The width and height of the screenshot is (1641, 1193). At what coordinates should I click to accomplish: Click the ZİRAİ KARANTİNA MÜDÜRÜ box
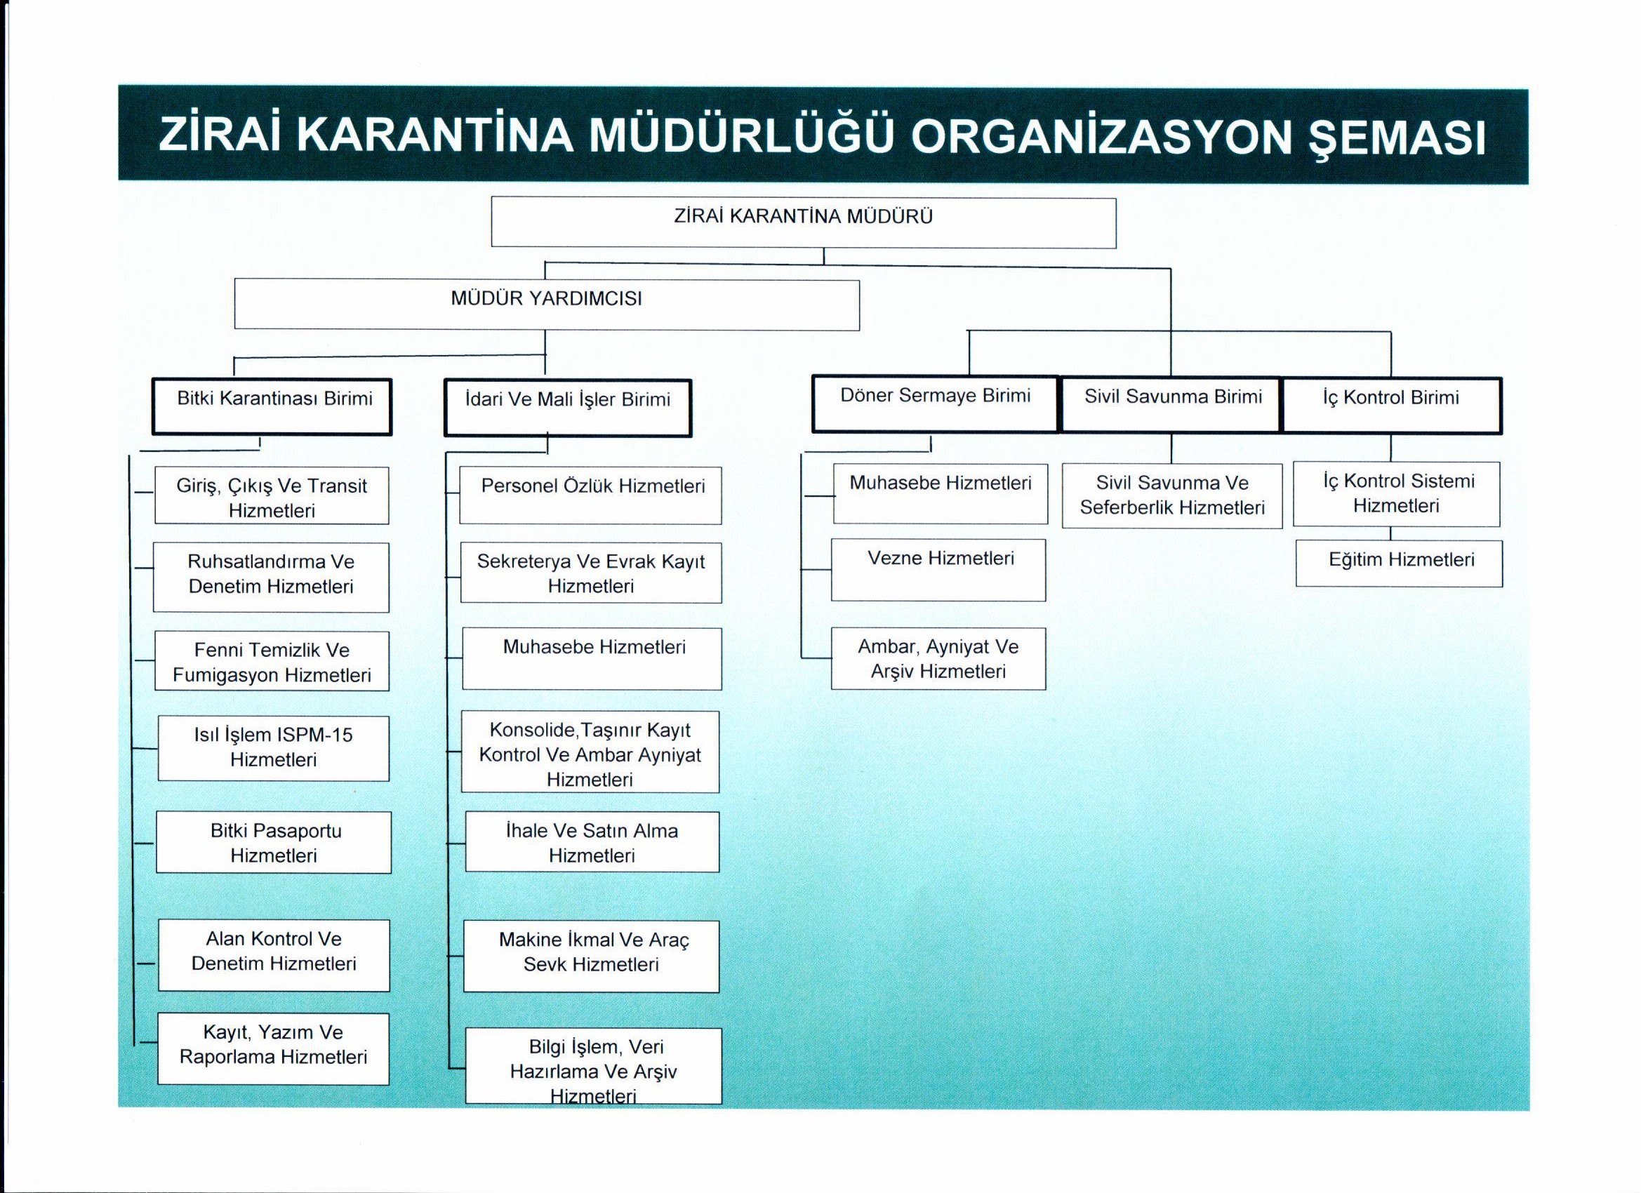803,223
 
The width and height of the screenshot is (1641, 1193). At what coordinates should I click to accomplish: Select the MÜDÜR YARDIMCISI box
547,305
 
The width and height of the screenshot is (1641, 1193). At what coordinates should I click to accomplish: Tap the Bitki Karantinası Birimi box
272,406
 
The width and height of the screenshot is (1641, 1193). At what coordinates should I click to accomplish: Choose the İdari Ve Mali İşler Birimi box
568,407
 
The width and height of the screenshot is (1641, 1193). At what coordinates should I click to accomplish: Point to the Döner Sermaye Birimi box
935,404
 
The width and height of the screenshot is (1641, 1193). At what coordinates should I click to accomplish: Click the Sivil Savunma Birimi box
1172,404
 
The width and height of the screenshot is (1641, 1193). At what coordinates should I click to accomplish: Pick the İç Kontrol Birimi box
1391,405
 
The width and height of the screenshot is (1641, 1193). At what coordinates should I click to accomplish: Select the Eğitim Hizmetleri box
1399,563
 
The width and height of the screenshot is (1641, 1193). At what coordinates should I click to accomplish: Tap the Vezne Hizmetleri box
938,569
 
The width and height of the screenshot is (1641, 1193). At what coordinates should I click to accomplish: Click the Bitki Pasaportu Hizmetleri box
274,842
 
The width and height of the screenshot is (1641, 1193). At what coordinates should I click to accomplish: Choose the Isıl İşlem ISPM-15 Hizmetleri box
274,748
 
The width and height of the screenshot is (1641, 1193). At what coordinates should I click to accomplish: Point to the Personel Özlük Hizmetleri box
591,495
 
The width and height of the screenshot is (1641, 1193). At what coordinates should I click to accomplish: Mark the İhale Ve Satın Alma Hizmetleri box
592,842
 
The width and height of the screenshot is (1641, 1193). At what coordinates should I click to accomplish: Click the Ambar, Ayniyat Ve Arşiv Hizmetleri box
938,658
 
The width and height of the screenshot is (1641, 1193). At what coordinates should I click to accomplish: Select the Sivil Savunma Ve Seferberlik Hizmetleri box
1172,495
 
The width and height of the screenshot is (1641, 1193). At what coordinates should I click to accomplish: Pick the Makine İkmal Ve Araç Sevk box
591,956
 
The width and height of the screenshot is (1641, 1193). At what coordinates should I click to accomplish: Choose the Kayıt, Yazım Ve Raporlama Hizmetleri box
274,1048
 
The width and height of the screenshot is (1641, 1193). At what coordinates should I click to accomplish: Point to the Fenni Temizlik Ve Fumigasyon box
272,661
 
